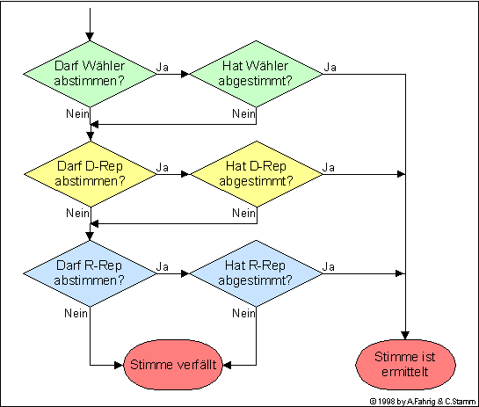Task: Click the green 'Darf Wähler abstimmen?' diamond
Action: click(x=90, y=74)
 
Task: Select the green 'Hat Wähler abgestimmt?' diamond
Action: click(x=256, y=74)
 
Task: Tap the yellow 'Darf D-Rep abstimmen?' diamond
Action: click(x=91, y=174)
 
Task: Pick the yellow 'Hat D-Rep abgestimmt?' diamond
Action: click(x=257, y=174)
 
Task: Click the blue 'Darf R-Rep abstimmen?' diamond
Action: click(x=90, y=273)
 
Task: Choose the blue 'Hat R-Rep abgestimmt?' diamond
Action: click(x=256, y=273)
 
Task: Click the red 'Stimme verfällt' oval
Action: click(x=173, y=365)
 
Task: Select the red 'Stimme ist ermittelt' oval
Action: click(x=405, y=365)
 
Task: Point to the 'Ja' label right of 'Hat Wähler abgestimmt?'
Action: click(x=330, y=67)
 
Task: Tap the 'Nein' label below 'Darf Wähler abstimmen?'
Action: click(x=77, y=114)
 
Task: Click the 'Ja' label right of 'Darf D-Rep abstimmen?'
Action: click(x=163, y=167)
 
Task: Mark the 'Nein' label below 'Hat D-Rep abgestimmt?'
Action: click(x=243, y=214)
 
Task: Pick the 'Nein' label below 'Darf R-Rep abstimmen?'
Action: click(x=76, y=313)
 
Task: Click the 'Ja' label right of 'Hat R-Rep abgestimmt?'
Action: click(x=329, y=266)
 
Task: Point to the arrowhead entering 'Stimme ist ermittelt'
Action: click(x=405, y=336)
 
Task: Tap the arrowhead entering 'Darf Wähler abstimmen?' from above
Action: click(x=90, y=37)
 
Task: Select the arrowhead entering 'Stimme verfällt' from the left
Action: click(x=119, y=365)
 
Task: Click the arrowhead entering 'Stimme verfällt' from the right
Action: click(x=227, y=365)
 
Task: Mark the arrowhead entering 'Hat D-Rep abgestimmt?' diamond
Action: click(x=185, y=174)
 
